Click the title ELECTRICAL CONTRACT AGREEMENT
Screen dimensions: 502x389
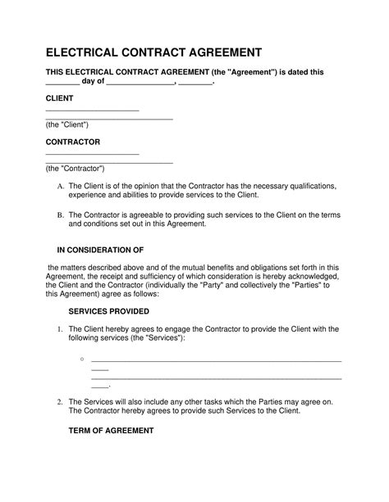point(153,52)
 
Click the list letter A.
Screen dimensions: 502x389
point(59,187)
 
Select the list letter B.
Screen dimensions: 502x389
point(59,215)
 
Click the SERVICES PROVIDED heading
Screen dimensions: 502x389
point(108,311)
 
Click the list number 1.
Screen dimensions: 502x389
point(59,328)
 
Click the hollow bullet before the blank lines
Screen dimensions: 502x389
point(83,360)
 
